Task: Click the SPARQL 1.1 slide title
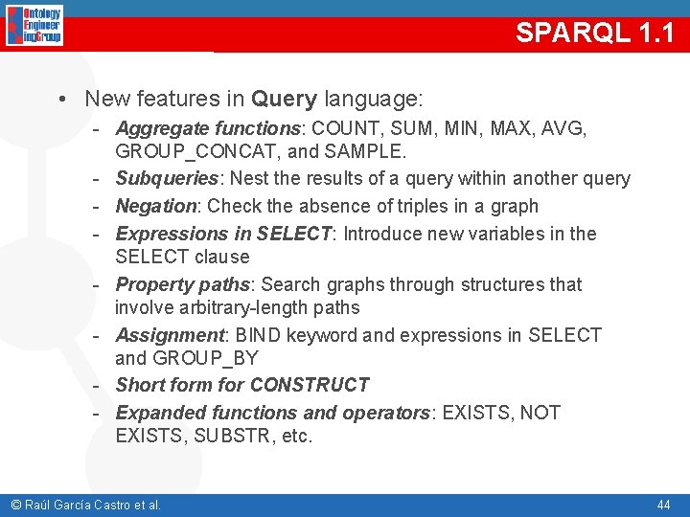594,33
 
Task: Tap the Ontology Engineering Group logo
34,26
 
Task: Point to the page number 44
663,505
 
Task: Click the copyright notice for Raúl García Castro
85,505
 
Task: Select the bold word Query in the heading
284,99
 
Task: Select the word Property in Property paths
151,284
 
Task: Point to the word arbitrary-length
218,307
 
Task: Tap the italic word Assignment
169,335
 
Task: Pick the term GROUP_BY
205,358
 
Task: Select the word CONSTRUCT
309,385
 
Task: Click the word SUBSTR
230,436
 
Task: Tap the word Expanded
155,413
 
